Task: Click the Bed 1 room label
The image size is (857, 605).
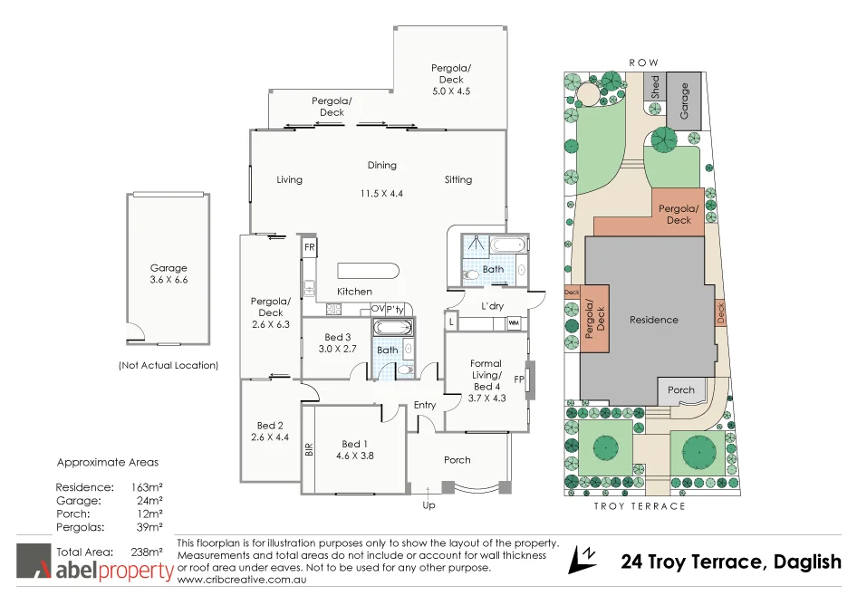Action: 354,444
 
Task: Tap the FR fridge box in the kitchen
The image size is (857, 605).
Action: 309,247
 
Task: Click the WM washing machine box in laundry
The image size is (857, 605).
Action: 514,322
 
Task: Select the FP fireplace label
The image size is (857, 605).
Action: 519,379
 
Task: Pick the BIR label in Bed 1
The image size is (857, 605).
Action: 309,449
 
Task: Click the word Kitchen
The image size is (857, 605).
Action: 354,292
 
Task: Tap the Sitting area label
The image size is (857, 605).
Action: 458,179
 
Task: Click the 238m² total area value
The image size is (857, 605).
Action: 148,551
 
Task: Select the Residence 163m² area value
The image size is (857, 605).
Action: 148,487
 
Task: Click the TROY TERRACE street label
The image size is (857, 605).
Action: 640,506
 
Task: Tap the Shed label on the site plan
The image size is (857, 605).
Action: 654,87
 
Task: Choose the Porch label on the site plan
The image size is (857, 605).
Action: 681,390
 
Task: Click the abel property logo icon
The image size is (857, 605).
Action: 34,562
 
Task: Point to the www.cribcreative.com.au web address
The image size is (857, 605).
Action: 243,579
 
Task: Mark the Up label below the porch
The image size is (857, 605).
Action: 428,504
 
